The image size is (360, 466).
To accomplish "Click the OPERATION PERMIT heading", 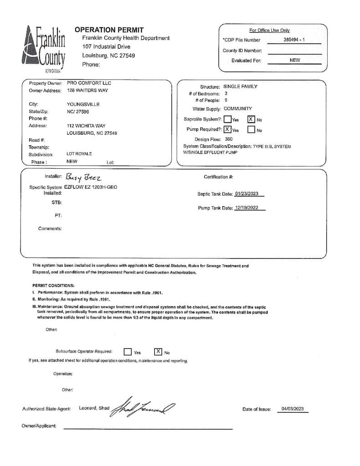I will point(109,30).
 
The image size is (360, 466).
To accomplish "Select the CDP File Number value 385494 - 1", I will point(294,40).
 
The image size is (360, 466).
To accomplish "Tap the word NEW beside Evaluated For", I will point(295,60).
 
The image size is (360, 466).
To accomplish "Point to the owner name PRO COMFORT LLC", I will point(89,83).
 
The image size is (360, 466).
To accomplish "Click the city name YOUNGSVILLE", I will point(83,104).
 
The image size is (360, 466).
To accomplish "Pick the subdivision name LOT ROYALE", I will point(79,154).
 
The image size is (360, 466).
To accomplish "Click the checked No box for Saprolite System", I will point(251,119).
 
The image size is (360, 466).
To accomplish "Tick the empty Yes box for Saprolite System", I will point(228,120).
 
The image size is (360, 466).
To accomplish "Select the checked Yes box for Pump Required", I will point(228,129).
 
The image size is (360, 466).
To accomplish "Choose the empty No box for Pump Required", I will point(251,130).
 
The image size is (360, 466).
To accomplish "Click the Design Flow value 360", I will point(228,139).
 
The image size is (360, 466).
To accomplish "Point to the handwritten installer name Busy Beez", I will point(84,177).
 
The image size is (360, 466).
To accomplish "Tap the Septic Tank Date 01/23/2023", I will point(247,194).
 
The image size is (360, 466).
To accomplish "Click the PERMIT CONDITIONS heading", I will point(53,286).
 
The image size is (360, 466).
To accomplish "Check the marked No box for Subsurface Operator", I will point(158,351).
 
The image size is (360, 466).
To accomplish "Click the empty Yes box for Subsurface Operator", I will point(128,352).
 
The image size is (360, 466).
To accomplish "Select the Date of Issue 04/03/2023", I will point(292,409).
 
